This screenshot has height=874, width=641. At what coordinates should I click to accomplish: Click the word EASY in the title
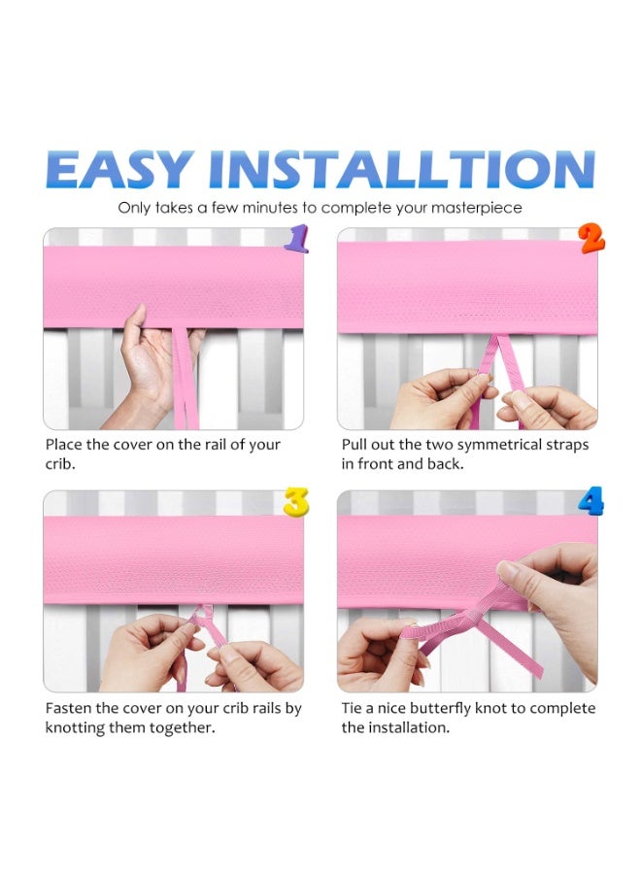(x=117, y=170)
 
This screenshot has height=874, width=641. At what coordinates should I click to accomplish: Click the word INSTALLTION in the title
(x=401, y=170)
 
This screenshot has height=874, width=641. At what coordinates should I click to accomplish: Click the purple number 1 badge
(x=296, y=239)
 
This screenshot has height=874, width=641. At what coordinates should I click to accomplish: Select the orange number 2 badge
(x=591, y=238)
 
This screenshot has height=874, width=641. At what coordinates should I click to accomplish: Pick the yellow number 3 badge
(x=296, y=502)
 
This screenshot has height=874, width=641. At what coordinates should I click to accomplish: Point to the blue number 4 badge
(x=590, y=502)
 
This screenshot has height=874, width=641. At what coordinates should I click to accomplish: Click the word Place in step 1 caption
(x=65, y=445)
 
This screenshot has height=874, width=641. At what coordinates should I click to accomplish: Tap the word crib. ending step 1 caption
(x=60, y=464)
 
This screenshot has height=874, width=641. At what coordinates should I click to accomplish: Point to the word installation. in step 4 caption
(x=395, y=727)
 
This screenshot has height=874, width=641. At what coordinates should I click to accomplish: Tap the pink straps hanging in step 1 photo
(x=184, y=384)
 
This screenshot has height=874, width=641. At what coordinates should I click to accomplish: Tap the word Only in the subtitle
(x=135, y=208)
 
